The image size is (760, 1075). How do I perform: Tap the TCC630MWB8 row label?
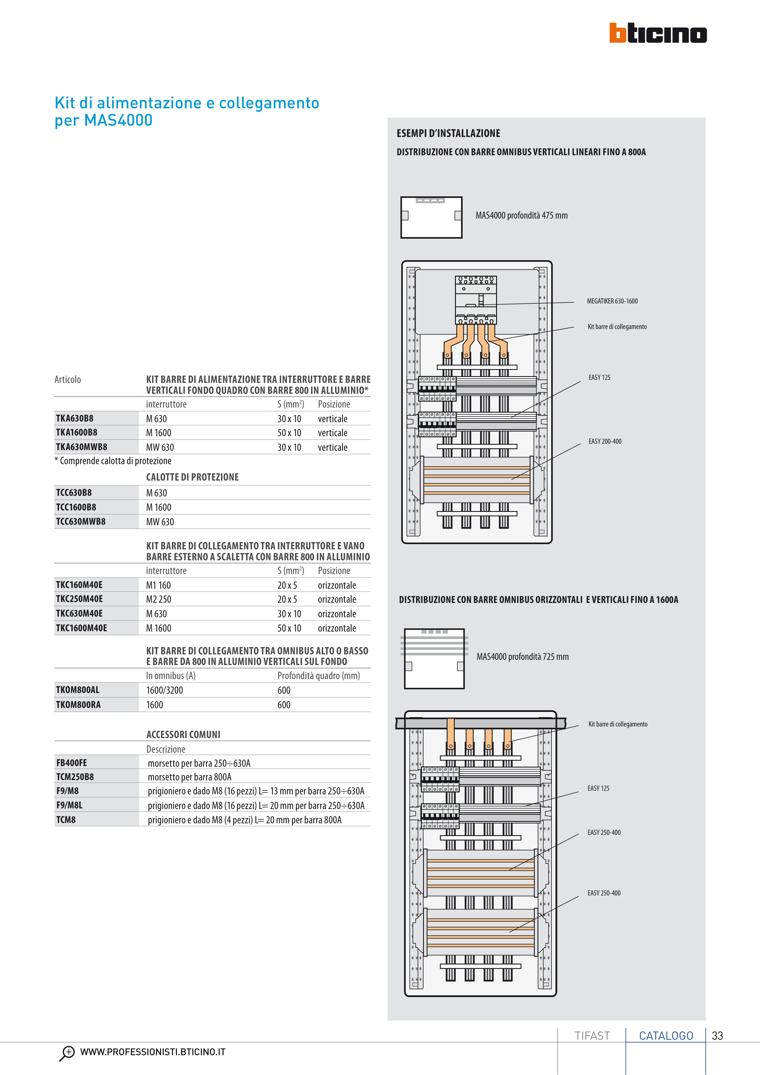click(x=81, y=522)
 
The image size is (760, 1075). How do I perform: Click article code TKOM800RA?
click(x=78, y=705)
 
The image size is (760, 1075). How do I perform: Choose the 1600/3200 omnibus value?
click(x=164, y=690)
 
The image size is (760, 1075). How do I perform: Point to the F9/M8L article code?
click(x=69, y=805)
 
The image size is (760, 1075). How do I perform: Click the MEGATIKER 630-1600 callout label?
click(x=612, y=301)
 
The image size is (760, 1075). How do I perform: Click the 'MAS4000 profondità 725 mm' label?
click(x=523, y=657)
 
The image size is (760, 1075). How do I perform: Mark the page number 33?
click(x=717, y=1036)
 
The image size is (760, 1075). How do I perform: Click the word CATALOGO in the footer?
click(x=666, y=1036)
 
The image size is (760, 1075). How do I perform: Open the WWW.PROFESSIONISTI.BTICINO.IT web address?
click(x=153, y=1052)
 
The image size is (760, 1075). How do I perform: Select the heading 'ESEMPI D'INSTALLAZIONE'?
click(x=448, y=133)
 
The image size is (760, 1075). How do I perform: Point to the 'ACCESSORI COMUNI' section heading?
click(x=183, y=735)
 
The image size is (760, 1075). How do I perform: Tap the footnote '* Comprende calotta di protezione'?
click(x=113, y=461)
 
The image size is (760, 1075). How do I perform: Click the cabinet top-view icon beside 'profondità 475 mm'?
click(x=431, y=217)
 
